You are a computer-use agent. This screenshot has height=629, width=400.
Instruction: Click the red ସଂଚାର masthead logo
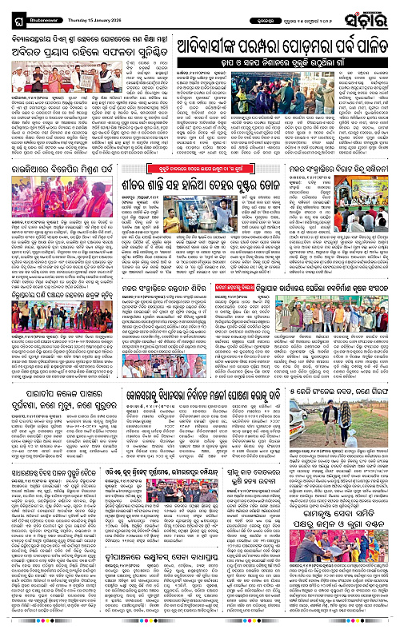click(x=370, y=14)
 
